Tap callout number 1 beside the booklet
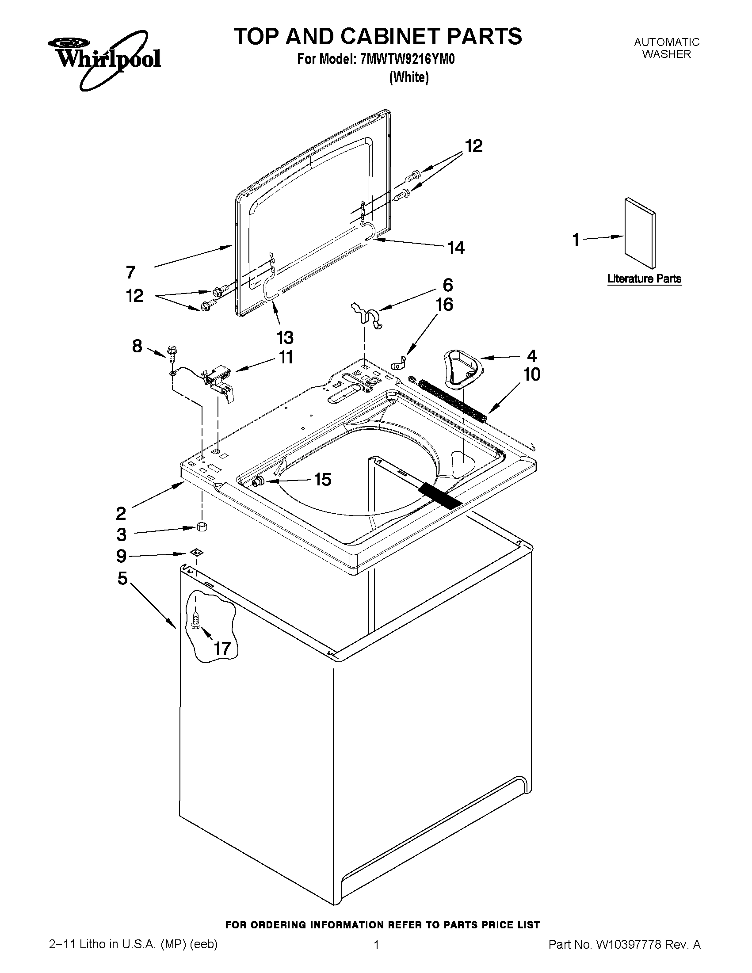[x=576, y=240]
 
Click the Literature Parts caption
[x=644, y=279]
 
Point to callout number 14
[x=456, y=247]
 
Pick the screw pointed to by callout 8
[x=171, y=352]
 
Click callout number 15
[x=323, y=479]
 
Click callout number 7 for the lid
[x=130, y=272]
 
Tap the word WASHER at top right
[x=667, y=54]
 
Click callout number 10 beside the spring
[x=531, y=374]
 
